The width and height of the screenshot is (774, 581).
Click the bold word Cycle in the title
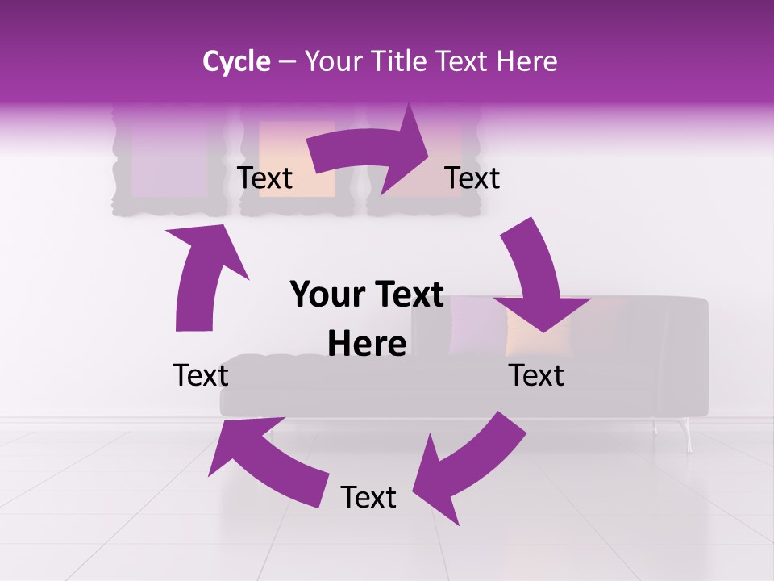236,61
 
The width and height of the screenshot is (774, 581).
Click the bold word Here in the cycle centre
367,345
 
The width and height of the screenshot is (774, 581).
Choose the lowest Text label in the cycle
368,498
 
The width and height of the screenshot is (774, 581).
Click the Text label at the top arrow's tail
265,178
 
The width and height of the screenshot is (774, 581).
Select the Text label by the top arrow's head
472,178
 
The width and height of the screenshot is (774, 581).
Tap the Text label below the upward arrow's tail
201,375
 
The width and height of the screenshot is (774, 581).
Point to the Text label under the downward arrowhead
536,375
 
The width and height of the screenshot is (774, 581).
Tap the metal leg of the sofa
686,436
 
